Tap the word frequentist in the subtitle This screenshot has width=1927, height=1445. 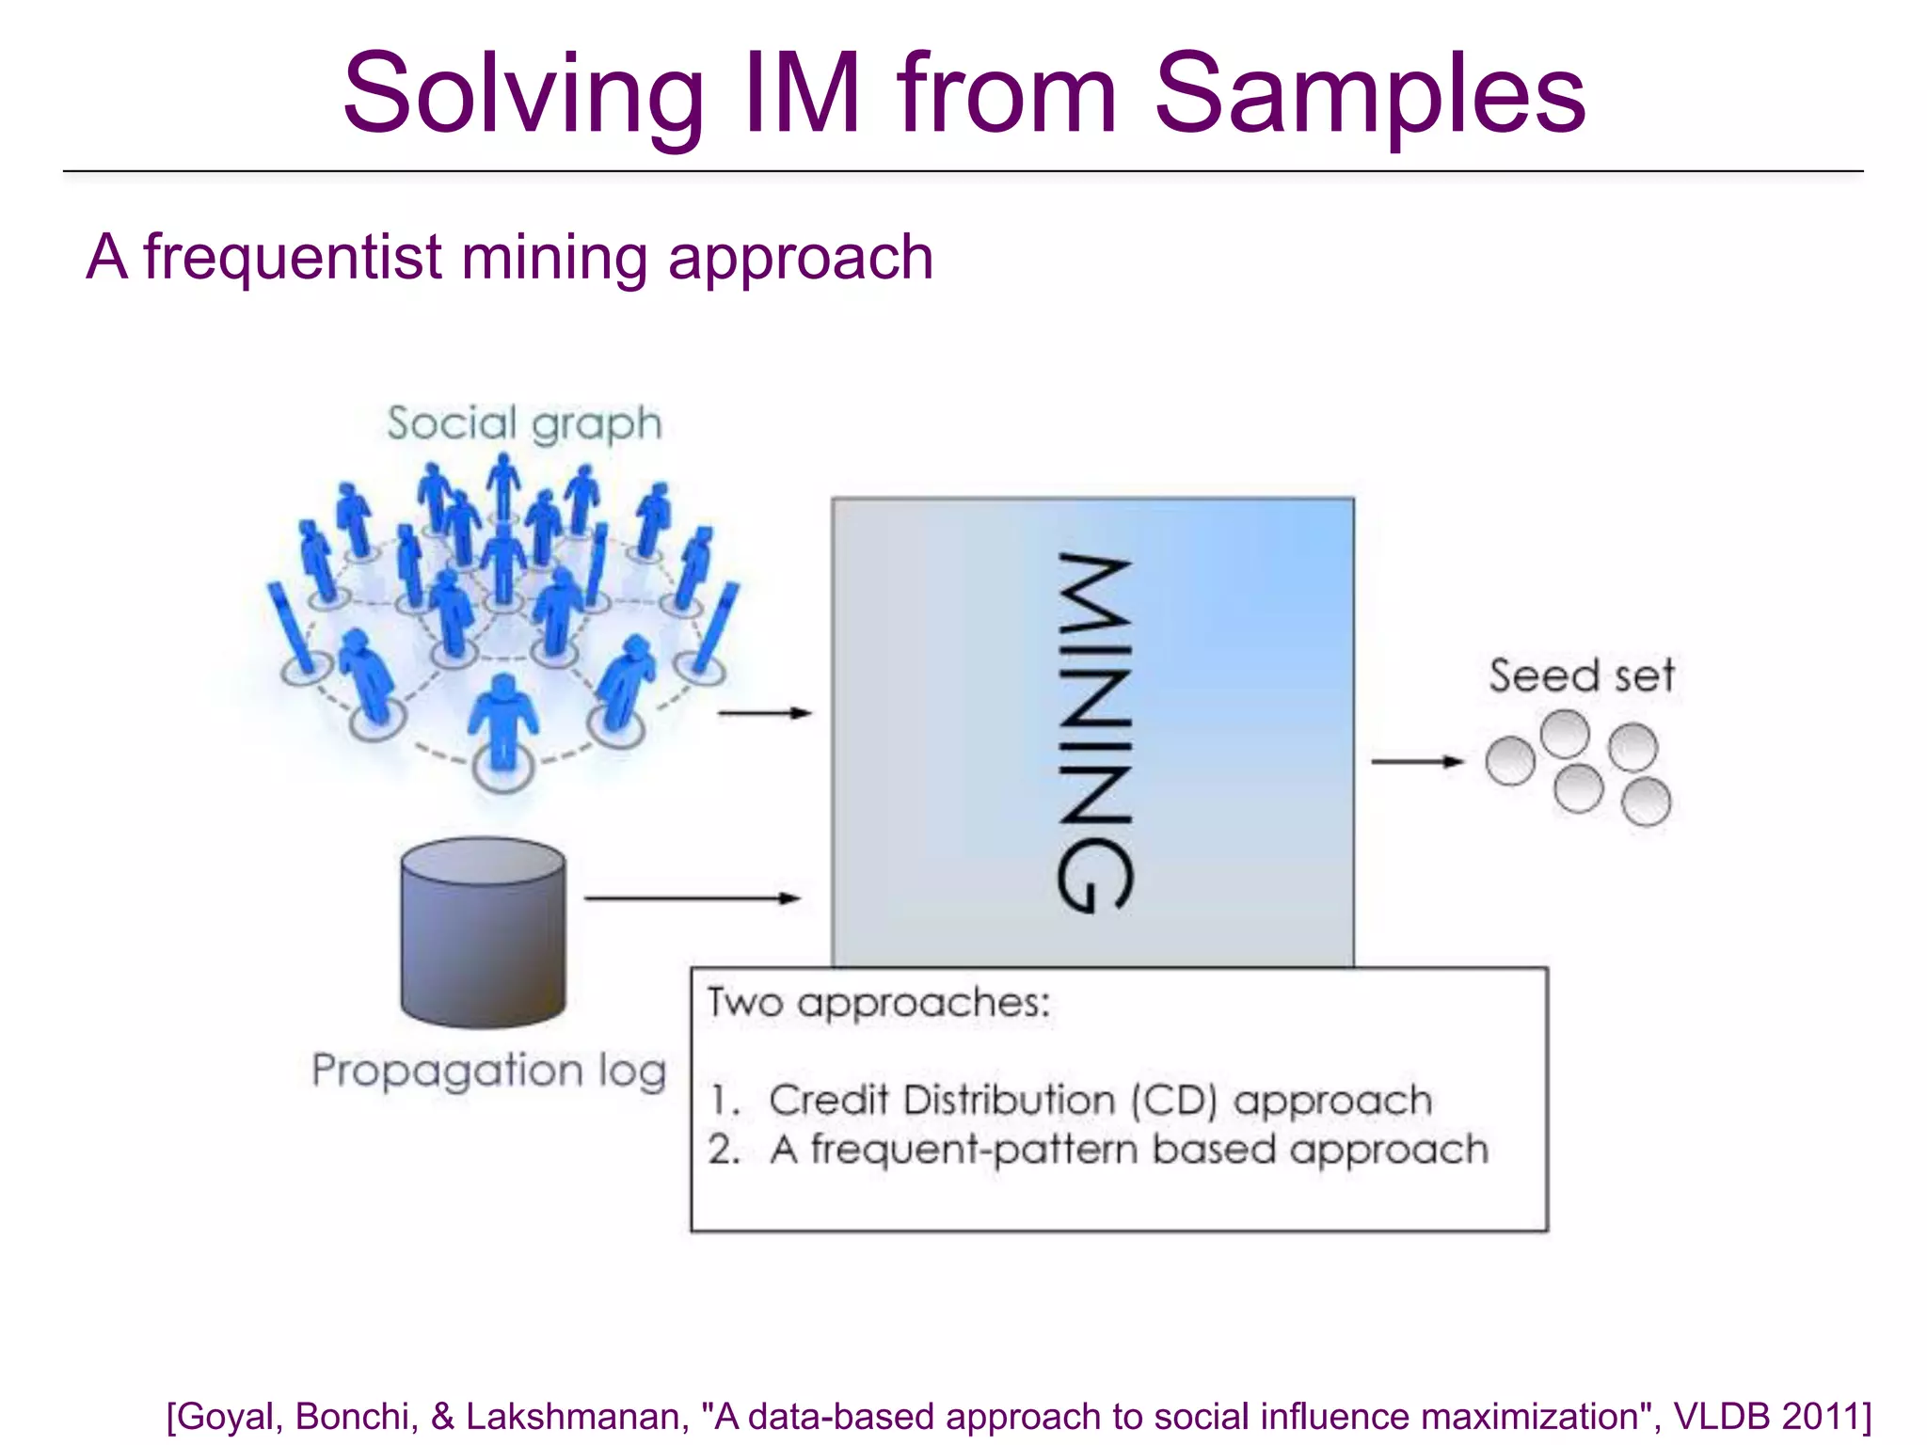[293, 257]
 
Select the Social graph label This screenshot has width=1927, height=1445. [524, 423]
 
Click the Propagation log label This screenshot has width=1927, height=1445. [489, 1071]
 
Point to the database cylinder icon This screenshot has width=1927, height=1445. [483, 931]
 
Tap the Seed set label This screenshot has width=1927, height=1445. [1581, 675]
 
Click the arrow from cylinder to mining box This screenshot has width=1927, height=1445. [692, 898]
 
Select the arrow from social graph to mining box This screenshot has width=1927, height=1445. [763, 713]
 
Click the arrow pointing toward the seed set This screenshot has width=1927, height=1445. [1416, 761]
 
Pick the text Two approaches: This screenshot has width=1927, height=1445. [878, 1003]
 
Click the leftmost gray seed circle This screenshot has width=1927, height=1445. [1510, 760]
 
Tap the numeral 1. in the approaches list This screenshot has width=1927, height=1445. [725, 1101]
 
